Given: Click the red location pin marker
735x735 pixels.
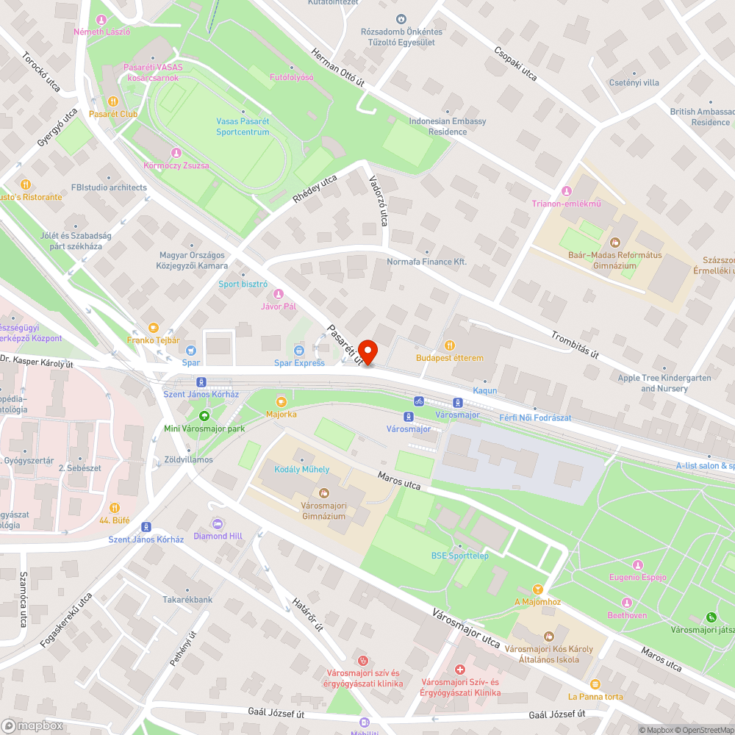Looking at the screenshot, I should (x=367, y=352).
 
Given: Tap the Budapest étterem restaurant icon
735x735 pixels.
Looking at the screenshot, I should (x=450, y=345).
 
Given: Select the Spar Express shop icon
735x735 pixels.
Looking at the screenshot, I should (x=299, y=350).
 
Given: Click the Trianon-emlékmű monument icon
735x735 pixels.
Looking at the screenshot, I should (x=565, y=191).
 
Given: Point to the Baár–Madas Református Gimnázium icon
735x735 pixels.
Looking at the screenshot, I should (x=615, y=242).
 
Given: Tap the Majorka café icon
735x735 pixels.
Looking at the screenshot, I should (x=281, y=401).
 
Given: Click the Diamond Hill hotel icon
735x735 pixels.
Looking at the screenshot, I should (x=218, y=523).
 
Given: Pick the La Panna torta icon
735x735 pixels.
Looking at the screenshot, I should (x=595, y=684).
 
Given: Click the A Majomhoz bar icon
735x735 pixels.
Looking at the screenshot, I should (x=537, y=589).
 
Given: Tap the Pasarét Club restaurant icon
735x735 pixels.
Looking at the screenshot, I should (x=113, y=101).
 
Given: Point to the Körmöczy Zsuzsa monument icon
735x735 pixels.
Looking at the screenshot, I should (x=176, y=153).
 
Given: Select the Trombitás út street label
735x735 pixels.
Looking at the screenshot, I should (x=575, y=344).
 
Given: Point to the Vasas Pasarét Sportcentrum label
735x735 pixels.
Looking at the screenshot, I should (x=243, y=126).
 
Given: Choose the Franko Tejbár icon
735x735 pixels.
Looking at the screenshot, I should (x=153, y=327).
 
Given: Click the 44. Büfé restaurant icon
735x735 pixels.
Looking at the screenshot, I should (x=115, y=507).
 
